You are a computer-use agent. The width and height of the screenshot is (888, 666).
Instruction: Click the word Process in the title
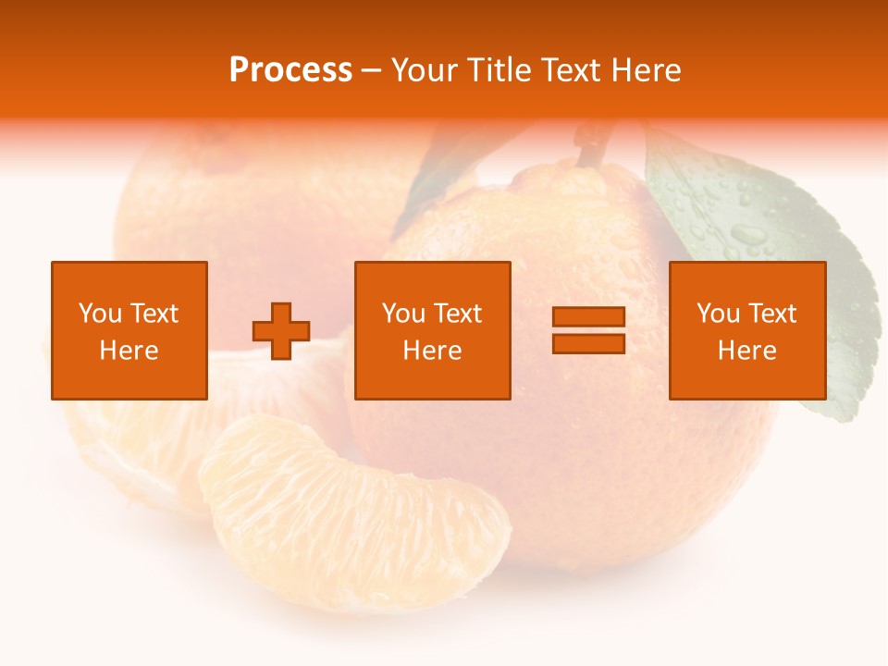(x=290, y=70)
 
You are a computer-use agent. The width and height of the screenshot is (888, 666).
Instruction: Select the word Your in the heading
(x=425, y=70)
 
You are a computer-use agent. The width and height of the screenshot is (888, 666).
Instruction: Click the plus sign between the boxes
(x=281, y=331)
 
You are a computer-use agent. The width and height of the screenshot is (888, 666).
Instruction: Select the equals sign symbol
(x=588, y=330)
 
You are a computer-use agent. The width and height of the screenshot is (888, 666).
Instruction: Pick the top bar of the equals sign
(x=588, y=317)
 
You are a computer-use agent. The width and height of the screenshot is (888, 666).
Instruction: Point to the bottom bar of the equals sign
(x=588, y=343)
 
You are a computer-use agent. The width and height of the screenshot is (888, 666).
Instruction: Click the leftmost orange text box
(x=129, y=330)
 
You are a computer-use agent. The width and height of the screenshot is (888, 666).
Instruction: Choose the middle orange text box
(x=432, y=330)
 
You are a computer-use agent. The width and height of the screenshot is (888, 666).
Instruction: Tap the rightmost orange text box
(x=746, y=330)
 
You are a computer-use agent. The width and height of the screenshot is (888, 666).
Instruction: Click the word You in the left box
(x=99, y=314)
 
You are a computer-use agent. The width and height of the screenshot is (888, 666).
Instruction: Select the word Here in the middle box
(x=432, y=351)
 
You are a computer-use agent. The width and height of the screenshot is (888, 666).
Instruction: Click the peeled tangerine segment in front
(x=356, y=513)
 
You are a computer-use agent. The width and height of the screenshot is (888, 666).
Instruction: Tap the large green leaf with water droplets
(x=768, y=250)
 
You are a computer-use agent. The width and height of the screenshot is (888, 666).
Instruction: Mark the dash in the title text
(x=372, y=70)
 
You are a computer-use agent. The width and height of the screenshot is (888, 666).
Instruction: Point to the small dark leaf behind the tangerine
(x=444, y=176)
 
